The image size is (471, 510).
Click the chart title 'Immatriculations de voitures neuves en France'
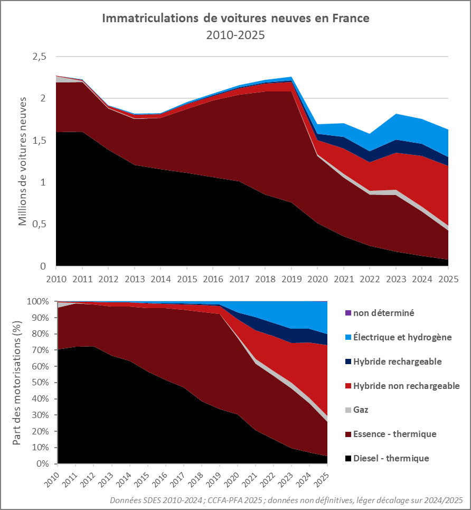[235, 18]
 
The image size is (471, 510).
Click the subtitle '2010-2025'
[235, 35]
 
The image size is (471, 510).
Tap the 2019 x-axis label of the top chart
[292, 278]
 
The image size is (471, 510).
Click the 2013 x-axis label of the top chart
[135, 278]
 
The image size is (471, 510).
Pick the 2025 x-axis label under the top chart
[448, 278]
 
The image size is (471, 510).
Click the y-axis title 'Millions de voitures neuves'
[23, 161]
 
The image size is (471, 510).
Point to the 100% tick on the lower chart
[39, 301]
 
